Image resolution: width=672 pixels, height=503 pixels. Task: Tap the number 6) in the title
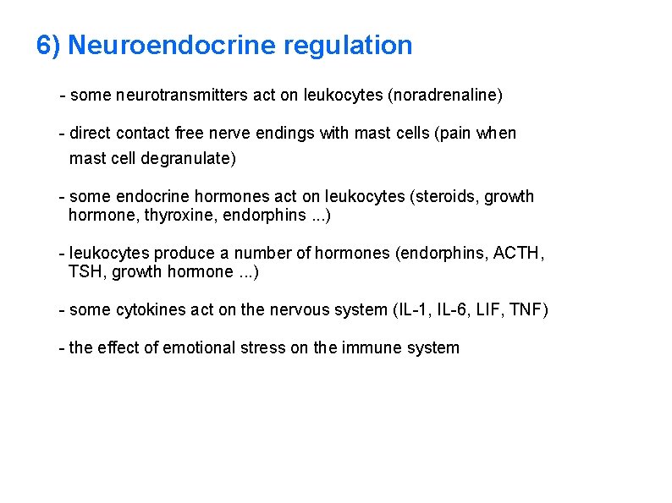click(48, 45)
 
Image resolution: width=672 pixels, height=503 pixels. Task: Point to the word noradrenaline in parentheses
click(444, 96)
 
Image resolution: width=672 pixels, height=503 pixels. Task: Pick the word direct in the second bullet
click(91, 134)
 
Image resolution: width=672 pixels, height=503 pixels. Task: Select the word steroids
click(443, 197)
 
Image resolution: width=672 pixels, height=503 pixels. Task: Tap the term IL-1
click(412, 310)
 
